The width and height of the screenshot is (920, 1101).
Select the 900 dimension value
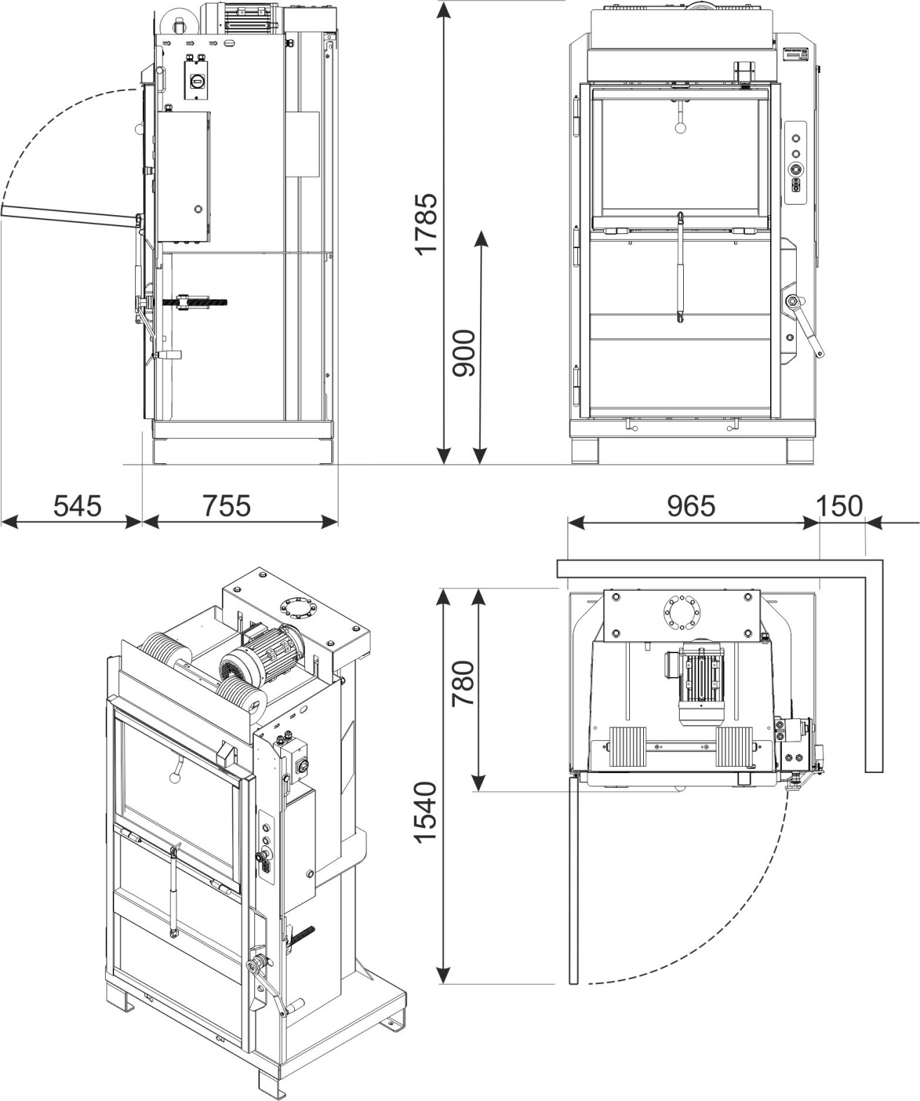pos(465,353)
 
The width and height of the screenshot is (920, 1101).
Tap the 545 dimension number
pos(77,506)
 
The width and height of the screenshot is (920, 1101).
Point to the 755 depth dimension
pos(227,506)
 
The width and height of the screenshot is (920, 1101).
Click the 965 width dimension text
pos(691,506)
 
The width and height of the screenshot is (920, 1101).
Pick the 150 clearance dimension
pos(839,506)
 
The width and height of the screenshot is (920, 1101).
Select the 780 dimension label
pos(464,683)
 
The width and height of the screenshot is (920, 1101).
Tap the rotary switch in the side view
pos(197,80)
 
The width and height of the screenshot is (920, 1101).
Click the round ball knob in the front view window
pos(680,127)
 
